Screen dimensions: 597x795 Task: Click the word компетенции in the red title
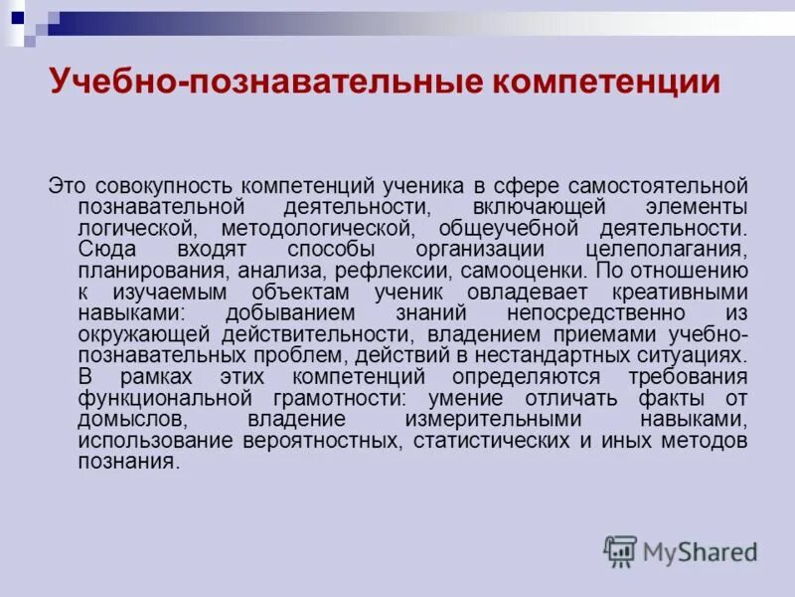(x=601, y=81)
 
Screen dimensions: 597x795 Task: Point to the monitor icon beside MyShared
(x=620, y=550)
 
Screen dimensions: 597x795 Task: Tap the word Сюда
(x=104, y=248)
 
